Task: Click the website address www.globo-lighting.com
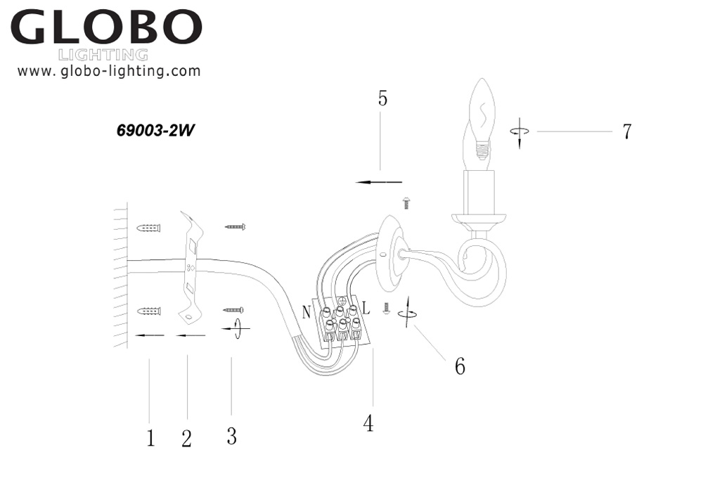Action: pyautogui.click(x=109, y=71)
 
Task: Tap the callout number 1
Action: pyautogui.click(x=150, y=438)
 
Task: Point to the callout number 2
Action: pyautogui.click(x=186, y=439)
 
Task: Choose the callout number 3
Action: pyautogui.click(x=231, y=436)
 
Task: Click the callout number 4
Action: pyautogui.click(x=368, y=423)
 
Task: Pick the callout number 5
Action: pyautogui.click(x=382, y=98)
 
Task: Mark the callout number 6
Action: pyautogui.click(x=460, y=366)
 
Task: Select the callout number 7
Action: pyautogui.click(x=626, y=131)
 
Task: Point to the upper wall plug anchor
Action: pyautogui.click(x=150, y=228)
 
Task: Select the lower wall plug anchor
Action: pyautogui.click(x=150, y=310)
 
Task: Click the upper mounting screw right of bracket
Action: pyautogui.click(x=236, y=227)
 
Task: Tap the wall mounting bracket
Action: pyautogui.click(x=190, y=267)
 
